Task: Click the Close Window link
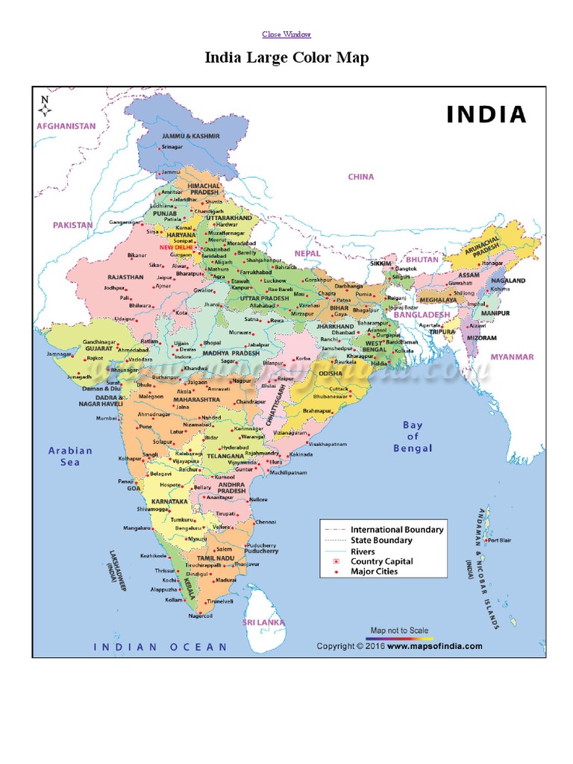point(286,34)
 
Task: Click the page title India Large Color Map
point(286,57)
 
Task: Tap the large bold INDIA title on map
point(486,114)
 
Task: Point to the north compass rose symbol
point(45,106)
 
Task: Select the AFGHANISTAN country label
point(66,126)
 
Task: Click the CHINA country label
point(361,177)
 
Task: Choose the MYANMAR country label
point(512,357)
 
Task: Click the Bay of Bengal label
point(413,436)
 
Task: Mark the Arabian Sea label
point(70,456)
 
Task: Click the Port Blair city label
point(499,540)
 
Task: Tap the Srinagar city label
point(172,148)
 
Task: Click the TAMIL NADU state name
point(216,558)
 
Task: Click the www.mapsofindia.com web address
point(434,646)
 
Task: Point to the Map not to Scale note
point(399,630)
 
